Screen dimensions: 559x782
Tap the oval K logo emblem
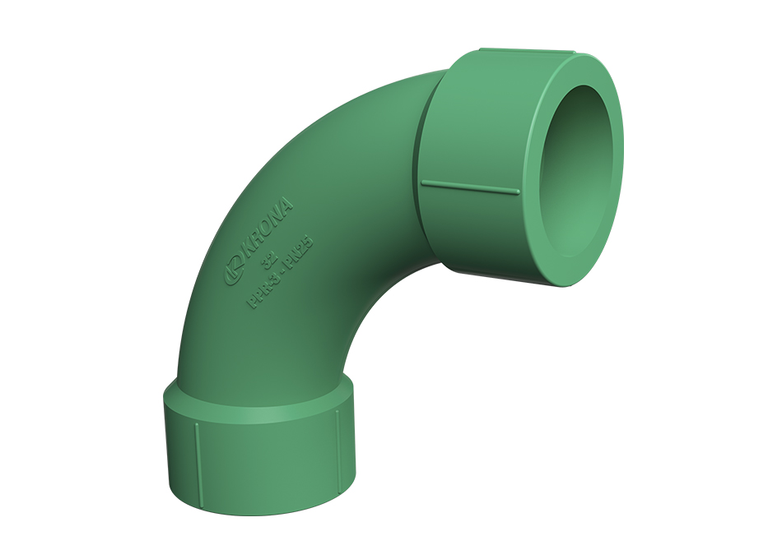233,271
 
